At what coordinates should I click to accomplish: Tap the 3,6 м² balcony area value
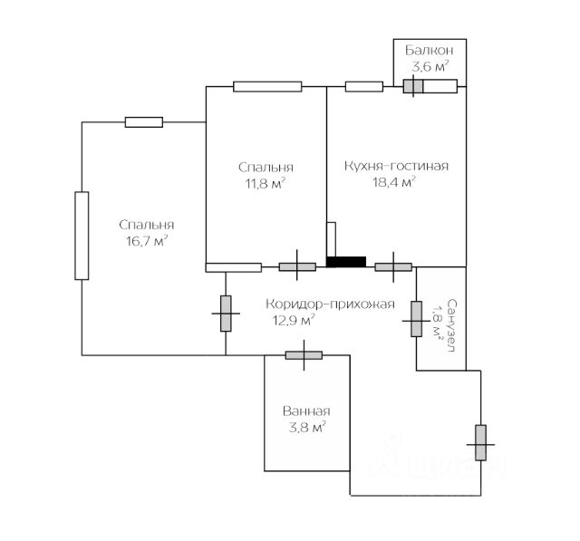(x=430, y=67)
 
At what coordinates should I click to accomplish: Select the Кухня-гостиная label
(x=397, y=167)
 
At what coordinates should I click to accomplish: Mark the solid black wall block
(x=346, y=263)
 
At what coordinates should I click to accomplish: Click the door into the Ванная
(x=304, y=354)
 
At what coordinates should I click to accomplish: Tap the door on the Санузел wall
(x=417, y=318)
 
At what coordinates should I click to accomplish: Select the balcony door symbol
(x=413, y=87)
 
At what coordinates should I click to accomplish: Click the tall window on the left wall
(x=82, y=236)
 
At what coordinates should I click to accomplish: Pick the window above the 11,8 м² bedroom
(x=267, y=87)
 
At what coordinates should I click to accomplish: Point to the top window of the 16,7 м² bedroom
(x=144, y=122)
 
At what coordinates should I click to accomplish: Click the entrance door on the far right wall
(x=480, y=441)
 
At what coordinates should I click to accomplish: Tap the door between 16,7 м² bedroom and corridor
(x=226, y=313)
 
